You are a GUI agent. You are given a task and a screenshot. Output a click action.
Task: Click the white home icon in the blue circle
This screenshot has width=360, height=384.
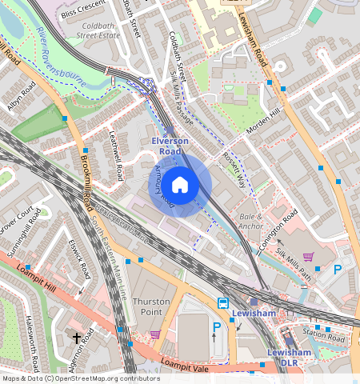[180, 186]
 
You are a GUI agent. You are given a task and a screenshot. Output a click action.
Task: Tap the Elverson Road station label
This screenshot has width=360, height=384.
[170, 146]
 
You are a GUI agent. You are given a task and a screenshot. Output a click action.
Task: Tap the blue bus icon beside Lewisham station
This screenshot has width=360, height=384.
[222, 303]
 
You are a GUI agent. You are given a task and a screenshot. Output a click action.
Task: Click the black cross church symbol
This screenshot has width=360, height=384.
[77, 338]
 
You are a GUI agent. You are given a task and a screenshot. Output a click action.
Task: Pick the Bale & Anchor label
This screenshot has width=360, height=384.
[250, 222]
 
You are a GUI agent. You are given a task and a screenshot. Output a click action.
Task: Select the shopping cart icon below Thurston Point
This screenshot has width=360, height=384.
[154, 334]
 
